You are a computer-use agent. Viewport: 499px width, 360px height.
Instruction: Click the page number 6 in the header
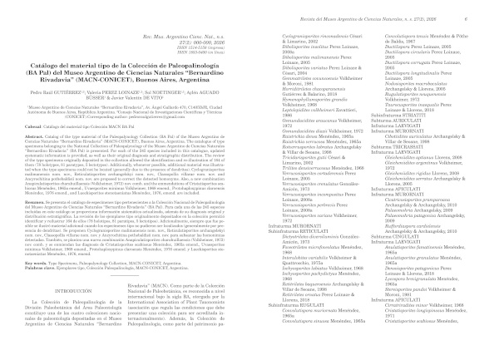[487, 7]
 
